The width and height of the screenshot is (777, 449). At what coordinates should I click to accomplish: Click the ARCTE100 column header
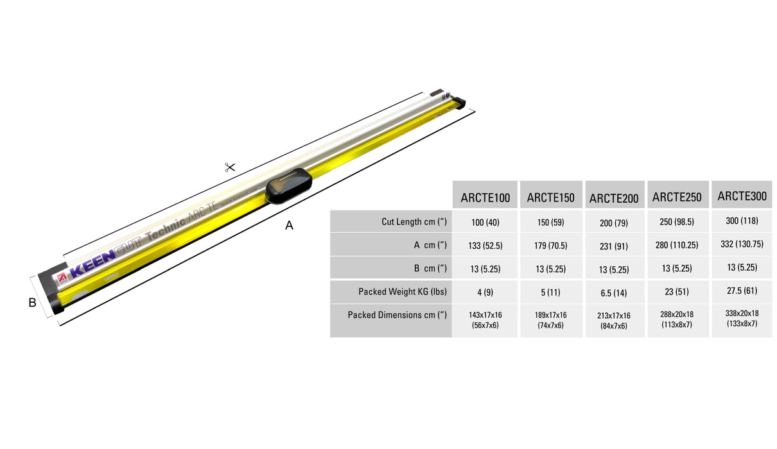485,198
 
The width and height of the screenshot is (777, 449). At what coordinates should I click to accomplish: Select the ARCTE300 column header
742,196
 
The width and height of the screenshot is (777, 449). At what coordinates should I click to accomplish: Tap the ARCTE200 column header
614,198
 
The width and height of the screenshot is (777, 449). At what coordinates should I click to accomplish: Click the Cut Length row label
414,222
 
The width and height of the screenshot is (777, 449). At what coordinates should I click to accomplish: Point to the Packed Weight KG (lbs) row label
403,292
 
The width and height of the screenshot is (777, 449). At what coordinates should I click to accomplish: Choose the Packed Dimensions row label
397,315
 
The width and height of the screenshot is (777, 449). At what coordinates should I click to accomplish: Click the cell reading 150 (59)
550,223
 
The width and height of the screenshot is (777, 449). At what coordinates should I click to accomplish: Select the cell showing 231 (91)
614,246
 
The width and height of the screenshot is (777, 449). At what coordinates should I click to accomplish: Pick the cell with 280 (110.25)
677,245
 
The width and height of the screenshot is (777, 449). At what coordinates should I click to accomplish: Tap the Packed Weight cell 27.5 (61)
742,291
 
